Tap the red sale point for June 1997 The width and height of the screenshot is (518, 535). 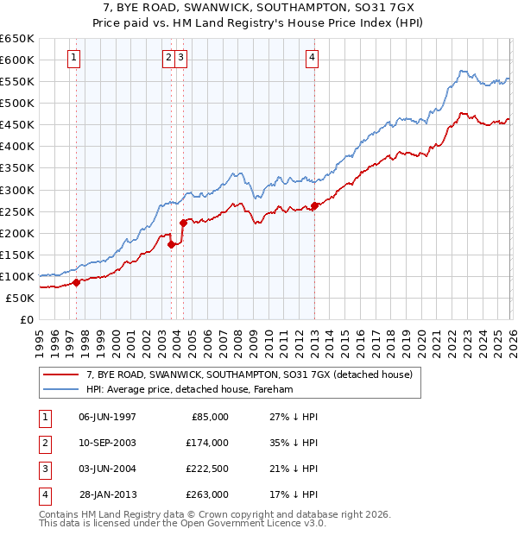[x=76, y=282]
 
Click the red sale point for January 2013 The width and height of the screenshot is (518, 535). [x=314, y=205]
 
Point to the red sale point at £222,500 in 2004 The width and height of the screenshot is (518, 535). [x=183, y=223]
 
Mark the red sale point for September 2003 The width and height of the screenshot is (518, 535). [x=172, y=244]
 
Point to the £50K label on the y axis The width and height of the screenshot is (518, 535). [x=20, y=298]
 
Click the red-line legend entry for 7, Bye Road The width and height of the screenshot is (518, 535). [x=250, y=374]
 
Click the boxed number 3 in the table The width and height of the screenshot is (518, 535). [x=43, y=469]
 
